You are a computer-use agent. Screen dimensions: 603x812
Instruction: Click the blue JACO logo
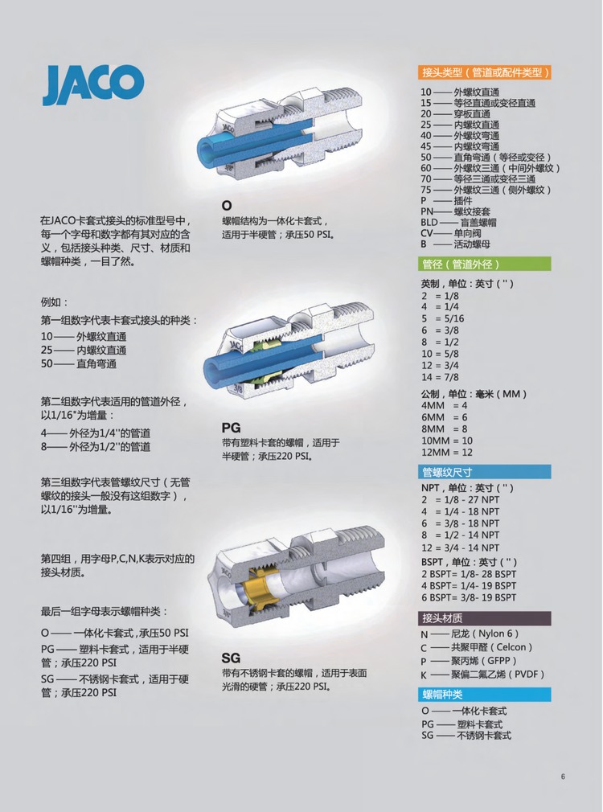click(x=92, y=85)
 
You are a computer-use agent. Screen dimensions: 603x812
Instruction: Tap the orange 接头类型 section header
click(x=484, y=72)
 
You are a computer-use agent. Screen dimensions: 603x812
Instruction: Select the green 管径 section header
click(x=484, y=265)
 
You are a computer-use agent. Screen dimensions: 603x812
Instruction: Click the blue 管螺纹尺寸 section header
click(x=484, y=472)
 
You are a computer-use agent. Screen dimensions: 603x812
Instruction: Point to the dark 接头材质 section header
click(x=484, y=618)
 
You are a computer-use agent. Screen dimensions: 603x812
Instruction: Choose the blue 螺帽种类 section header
click(x=484, y=695)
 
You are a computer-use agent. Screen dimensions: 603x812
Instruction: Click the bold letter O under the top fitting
click(x=227, y=206)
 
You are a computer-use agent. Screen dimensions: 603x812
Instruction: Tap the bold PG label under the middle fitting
click(x=231, y=428)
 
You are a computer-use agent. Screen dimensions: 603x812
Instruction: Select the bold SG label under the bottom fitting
click(x=231, y=658)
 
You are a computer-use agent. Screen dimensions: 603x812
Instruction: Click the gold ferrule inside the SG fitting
click(x=263, y=587)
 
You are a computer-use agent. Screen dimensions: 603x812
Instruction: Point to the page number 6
click(x=563, y=777)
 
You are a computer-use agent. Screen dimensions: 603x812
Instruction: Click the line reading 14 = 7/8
click(x=440, y=377)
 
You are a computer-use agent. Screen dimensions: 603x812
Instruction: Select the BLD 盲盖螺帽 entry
click(x=458, y=222)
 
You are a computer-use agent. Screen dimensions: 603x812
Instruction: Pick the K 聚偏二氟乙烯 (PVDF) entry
click(x=483, y=675)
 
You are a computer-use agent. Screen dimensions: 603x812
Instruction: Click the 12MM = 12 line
click(x=447, y=452)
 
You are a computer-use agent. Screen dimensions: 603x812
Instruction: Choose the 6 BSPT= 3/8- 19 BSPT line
click(x=469, y=597)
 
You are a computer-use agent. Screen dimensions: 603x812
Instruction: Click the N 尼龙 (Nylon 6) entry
click(x=470, y=634)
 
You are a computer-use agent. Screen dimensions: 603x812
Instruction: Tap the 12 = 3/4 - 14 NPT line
click(x=461, y=547)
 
